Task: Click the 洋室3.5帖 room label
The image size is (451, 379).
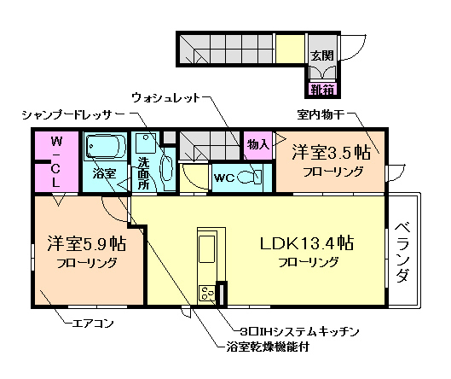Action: tap(332, 153)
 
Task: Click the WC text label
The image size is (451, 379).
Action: tap(224, 178)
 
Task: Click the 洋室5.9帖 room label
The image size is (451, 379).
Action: tap(86, 243)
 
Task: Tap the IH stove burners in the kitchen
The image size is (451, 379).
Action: tap(207, 294)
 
